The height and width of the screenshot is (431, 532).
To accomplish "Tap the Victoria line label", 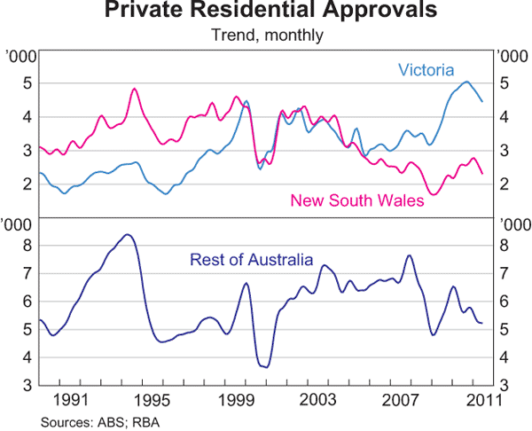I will tap(426, 69).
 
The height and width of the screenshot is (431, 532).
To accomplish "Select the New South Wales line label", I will tap(357, 200).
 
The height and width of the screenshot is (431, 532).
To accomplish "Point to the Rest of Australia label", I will tap(251, 260).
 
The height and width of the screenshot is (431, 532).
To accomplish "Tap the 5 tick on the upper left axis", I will tap(27, 83).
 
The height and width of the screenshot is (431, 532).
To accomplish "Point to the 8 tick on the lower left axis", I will tap(27, 246).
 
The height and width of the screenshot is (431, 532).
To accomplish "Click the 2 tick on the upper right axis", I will tap(504, 184).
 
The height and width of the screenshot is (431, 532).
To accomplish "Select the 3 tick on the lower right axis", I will tap(504, 386).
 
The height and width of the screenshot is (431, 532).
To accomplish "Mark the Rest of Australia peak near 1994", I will tap(128, 234).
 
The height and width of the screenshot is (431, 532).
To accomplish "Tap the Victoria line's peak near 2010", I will tap(466, 82).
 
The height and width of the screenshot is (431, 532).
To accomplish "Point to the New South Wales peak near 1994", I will tap(134, 89).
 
